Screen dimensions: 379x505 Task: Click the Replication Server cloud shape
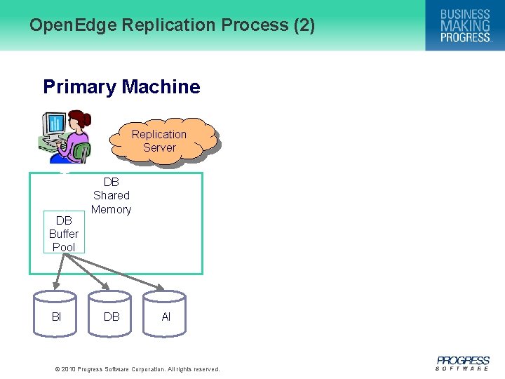160,140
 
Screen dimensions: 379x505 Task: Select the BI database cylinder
56,316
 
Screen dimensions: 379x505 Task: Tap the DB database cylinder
111,316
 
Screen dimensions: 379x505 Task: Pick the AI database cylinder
166,316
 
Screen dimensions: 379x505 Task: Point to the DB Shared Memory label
112,196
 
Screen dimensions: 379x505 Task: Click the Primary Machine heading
121,87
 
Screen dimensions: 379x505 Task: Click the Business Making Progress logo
465,25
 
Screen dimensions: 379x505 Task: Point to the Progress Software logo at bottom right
462,363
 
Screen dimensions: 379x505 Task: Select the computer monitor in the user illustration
53,127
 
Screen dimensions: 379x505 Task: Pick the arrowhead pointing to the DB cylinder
106,286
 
